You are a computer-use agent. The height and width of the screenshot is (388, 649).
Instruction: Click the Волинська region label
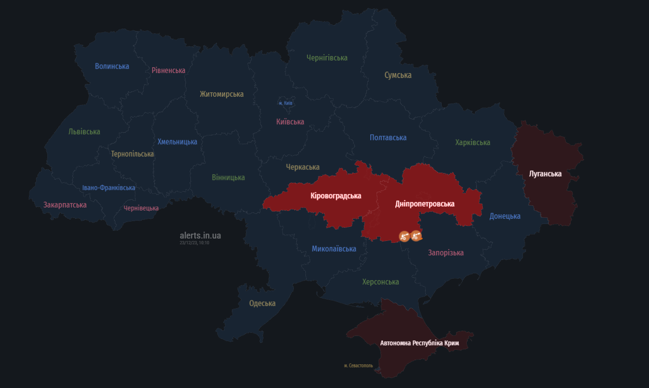(x=112, y=66)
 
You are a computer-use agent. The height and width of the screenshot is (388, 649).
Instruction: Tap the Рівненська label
(x=168, y=71)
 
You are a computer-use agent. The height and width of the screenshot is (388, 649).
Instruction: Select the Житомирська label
(x=221, y=94)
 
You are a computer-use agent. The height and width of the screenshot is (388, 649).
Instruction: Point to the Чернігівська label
(x=327, y=58)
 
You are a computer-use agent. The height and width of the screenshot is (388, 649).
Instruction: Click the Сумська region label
(x=398, y=75)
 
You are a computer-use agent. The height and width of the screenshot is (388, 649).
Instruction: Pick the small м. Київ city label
(x=285, y=103)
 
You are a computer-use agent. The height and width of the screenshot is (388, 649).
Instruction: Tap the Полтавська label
(x=388, y=138)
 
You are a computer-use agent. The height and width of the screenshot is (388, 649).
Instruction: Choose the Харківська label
(x=472, y=143)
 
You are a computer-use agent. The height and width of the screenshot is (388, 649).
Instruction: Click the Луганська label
(x=545, y=174)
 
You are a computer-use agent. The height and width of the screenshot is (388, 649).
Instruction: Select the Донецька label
(x=505, y=216)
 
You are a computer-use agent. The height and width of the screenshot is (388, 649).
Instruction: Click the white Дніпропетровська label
(x=424, y=204)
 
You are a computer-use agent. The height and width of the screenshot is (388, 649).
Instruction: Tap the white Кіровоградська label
(x=335, y=196)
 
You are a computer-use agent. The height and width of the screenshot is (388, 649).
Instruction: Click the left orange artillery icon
(x=404, y=236)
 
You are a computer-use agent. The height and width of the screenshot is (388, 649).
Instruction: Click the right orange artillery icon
(x=416, y=236)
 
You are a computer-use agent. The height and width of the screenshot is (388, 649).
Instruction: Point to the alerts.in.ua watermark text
(x=200, y=236)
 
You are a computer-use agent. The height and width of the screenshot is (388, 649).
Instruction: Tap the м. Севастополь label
(x=358, y=366)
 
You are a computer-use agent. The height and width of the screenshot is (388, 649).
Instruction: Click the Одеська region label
(x=262, y=304)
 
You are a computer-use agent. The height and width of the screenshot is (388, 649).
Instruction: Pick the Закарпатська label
(x=65, y=205)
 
